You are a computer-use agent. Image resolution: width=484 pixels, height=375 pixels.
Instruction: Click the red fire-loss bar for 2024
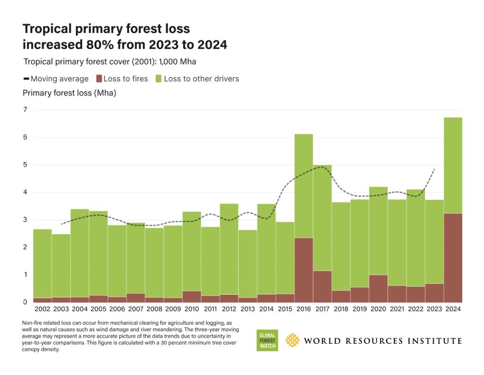pos(453,257)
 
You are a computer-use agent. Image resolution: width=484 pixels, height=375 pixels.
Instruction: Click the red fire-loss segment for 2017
pos(322,286)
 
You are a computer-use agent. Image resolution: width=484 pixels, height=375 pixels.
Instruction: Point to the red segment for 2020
pos(378,288)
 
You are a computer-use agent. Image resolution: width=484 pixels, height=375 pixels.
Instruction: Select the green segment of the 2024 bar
pos(453,165)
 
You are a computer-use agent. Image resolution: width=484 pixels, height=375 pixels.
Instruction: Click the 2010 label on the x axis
pos(191,309)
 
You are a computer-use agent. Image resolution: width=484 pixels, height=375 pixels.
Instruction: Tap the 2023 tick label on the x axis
pos(434,309)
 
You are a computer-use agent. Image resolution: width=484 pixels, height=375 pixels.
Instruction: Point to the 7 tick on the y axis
pos(25,110)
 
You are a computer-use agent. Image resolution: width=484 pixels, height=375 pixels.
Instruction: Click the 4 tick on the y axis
pos(25,192)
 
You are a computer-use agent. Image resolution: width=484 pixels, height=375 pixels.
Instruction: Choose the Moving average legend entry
pos(56,79)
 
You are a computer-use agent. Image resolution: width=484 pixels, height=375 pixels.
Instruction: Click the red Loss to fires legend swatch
pos(99,79)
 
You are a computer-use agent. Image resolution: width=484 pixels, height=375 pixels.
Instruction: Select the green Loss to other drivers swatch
pos(159,79)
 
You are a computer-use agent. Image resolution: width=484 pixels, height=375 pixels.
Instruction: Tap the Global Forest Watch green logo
pos(267,340)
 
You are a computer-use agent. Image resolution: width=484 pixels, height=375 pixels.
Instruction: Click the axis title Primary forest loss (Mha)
pos(69,93)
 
